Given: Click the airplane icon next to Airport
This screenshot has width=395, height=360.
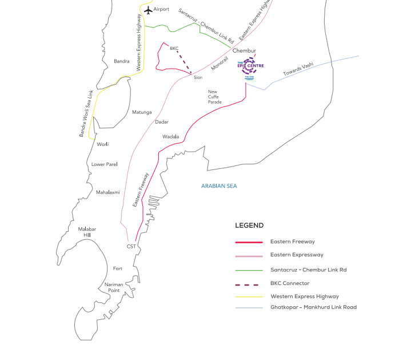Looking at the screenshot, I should (148, 10).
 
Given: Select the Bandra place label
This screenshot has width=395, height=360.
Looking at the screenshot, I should (122, 61).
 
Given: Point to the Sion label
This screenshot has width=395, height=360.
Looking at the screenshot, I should (198, 77).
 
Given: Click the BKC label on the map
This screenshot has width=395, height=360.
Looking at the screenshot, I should (174, 48).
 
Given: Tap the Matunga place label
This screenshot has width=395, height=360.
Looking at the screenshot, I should (142, 112).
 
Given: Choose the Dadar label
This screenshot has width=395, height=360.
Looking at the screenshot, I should (162, 122).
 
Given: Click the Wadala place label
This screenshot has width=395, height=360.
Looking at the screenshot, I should (171, 137).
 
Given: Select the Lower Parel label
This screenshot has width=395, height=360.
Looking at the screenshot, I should (105, 164).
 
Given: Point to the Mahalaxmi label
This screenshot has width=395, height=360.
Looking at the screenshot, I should (108, 192).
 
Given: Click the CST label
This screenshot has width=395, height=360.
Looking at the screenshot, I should (131, 246).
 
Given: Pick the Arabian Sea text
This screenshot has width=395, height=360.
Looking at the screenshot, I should (219, 186).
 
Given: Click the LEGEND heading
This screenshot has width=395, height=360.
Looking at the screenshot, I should (249, 226).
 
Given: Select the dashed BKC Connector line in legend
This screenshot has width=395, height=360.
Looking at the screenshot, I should (249, 283).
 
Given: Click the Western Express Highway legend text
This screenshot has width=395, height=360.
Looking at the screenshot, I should (305, 296).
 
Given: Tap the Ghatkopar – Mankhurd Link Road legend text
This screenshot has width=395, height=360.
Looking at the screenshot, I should (313, 307).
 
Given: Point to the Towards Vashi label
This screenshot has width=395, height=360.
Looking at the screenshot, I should (298, 70).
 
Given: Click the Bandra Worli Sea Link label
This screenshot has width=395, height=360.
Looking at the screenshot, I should (86, 113).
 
